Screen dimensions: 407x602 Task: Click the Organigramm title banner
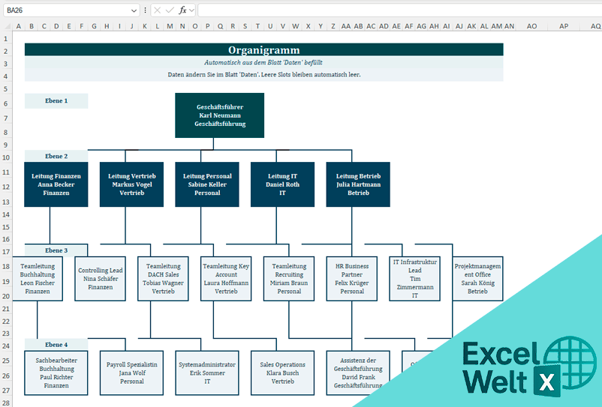[x=263, y=49]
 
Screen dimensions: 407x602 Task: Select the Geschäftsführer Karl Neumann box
[x=220, y=115]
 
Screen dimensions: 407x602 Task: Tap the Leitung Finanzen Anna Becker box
[x=56, y=184]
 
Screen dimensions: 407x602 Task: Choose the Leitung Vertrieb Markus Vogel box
[x=132, y=184]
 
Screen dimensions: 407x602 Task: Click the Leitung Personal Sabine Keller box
[x=207, y=184]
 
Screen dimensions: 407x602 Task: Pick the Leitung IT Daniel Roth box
[x=283, y=184]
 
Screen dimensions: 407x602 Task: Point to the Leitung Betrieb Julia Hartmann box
[x=358, y=184]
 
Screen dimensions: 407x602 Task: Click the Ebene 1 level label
[x=56, y=100]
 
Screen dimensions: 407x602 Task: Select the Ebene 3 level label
[x=56, y=250]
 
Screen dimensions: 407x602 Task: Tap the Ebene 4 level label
[x=56, y=345]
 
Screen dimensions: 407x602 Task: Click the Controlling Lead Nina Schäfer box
[x=101, y=279]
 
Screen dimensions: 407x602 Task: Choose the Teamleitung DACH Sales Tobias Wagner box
[x=163, y=279]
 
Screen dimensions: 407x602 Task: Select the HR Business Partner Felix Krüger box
[x=352, y=279]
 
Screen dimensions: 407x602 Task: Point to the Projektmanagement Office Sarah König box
[x=477, y=279]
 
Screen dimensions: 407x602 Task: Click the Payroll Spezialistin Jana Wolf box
[x=132, y=373]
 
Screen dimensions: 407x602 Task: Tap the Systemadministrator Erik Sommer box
[x=207, y=373]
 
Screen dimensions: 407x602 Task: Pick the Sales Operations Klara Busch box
[x=283, y=373]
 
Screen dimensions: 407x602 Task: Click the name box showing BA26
[x=68, y=10]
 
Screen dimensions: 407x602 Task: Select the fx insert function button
[x=182, y=10]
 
